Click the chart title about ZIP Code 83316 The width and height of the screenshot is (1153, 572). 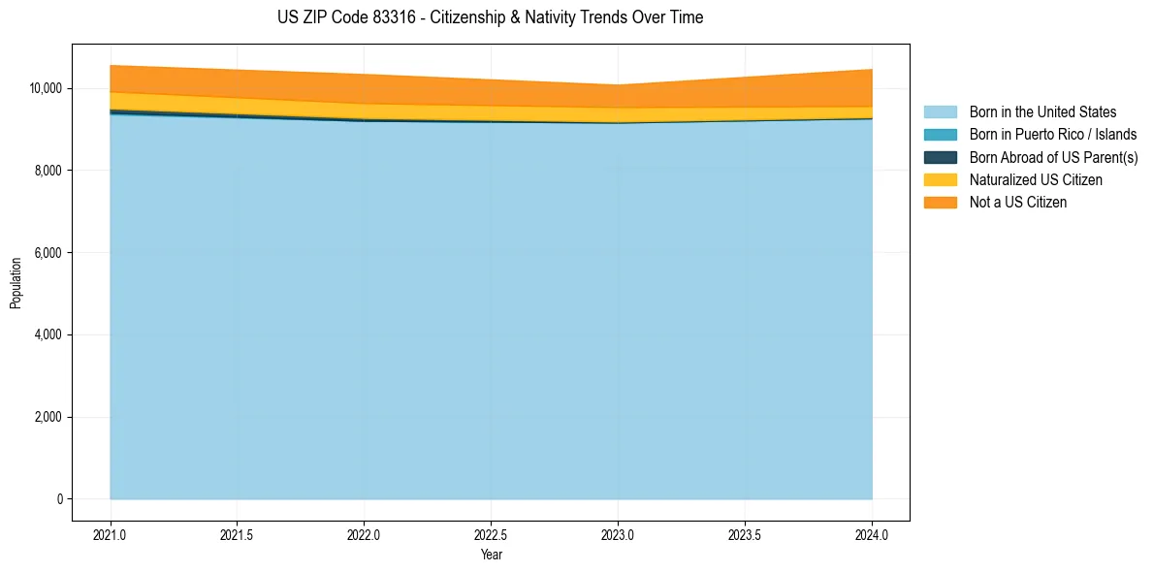click(490, 17)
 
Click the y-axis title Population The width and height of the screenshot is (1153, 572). click(16, 282)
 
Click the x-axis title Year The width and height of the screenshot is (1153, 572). click(491, 555)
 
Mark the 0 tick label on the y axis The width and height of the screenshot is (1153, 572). click(58, 499)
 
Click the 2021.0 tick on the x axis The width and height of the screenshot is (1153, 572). click(111, 533)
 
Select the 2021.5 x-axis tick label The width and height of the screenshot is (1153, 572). click(238, 533)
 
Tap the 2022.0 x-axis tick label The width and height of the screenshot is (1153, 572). click(365, 533)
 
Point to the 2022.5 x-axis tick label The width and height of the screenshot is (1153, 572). click(492, 533)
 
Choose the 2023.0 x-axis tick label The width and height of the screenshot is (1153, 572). click(618, 533)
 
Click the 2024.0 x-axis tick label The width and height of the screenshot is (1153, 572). click(872, 533)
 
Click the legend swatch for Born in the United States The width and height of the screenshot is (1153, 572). click(940, 112)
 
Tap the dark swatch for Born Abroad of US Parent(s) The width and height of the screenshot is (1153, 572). click(940, 157)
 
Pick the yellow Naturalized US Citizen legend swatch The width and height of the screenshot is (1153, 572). click(940, 179)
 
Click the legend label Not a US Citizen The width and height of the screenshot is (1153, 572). click(1017, 203)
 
